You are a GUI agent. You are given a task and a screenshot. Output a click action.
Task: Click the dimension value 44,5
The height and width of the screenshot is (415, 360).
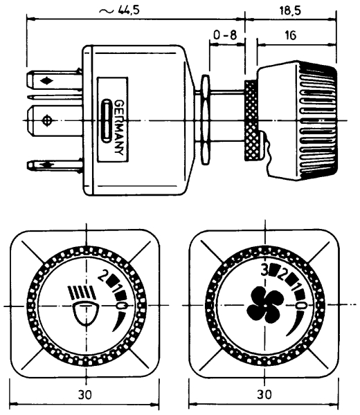pyautogui.click(x=128, y=10)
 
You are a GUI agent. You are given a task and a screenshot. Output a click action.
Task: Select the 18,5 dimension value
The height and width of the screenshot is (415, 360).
pyautogui.click(x=291, y=10)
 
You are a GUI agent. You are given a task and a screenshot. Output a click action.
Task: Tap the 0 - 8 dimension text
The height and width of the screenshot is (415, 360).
pyautogui.click(x=225, y=35)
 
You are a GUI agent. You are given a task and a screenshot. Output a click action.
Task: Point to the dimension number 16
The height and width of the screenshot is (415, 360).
pyautogui.click(x=291, y=35)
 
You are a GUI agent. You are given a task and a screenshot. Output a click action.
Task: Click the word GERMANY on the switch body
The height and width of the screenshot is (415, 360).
pyautogui.click(x=118, y=127)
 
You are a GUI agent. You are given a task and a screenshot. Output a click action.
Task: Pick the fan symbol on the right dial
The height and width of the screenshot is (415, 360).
pyautogui.click(x=265, y=305)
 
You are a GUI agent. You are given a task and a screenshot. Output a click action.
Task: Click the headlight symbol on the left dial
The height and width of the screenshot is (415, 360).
pyautogui.click(x=83, y=306)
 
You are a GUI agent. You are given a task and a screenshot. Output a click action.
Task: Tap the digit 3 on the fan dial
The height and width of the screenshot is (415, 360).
pyautogui.click(x=264, y=270)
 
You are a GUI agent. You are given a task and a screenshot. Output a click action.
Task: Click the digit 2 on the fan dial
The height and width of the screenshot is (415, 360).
pyautogui.click(x=281, y=275)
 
